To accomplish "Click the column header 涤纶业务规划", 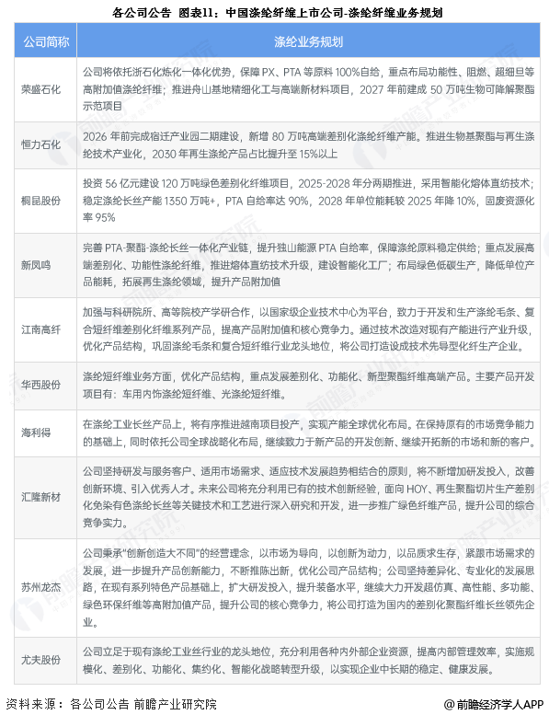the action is point(308,42).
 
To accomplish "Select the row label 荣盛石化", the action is point(42,90).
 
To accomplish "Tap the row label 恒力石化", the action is point(42,144).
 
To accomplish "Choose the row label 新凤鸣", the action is point(42,264).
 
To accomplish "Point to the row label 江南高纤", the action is point(42,329).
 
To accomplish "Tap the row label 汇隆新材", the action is point(42,497).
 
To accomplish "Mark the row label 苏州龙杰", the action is point(42,585).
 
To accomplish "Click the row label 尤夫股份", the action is point(42,659).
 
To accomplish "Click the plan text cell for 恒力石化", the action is point(308,144).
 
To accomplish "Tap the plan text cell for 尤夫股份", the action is point(308,659).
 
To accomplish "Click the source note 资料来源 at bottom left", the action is point(111,703).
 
